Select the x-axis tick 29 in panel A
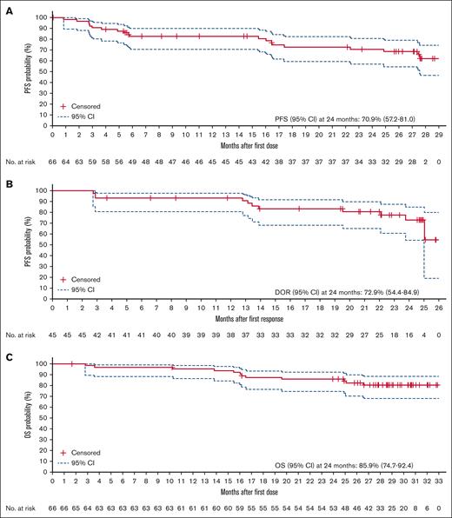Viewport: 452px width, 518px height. tap(437, 135)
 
